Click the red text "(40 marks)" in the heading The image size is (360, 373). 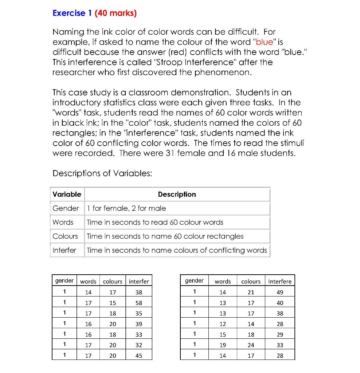click(116, 13)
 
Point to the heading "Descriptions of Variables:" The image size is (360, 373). click(102, 173)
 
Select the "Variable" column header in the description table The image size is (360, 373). click(67, 195)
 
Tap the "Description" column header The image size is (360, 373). click(177, 195)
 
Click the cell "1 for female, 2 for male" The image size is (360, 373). click(126, 208)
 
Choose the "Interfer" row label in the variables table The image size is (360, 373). click(64, 250)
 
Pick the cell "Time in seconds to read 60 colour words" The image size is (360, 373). click(155, 222)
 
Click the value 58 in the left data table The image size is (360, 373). click(138, 303)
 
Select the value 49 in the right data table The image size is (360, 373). click(280, 292)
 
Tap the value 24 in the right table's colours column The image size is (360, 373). click(251, 345)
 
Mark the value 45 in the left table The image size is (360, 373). click(138, 356)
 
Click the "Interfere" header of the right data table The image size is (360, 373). click(280, 282)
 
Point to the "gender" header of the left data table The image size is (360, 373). click(64, 281)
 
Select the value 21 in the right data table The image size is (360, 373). click(251, 292)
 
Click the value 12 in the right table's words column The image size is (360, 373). click(223, 324)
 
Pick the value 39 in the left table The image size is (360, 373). click(138, 324)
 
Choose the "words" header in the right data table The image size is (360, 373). click(223, 282)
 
